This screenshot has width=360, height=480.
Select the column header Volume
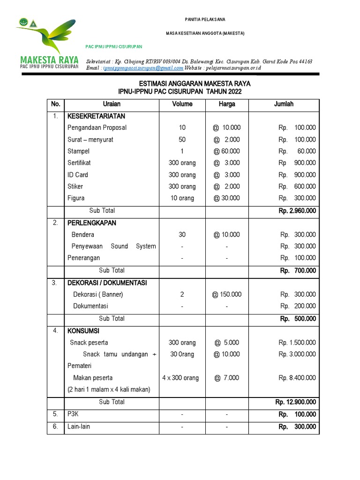[x=182, y=104]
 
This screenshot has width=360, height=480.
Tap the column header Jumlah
[x=284, y=104]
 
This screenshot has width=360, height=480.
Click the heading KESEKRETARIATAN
[x=96, y=116]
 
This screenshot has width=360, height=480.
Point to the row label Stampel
[x=78, y=151]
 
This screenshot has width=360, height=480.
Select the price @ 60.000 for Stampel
[x=226, y=151]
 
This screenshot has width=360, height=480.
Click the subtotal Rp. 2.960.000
[x=297, y=211]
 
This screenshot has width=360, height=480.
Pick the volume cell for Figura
[x=182, y=198]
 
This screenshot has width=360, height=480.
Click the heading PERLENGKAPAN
[x=91, y=223]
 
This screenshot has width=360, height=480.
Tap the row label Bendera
[x=82, y=234]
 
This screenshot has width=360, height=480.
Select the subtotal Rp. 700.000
[x=298, y=270]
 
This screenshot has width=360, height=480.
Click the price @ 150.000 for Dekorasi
[x=227, y=294]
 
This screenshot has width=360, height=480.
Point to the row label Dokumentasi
[x=90, y=306]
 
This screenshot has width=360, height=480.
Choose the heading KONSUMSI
[x=83, y=331]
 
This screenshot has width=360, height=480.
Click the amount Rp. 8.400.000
[x=297, y=378]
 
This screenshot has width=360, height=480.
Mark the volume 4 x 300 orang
[x=180, y=378]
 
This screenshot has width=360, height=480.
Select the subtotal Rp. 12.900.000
[x=295, y=402]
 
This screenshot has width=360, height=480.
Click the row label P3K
[x=72, y=414]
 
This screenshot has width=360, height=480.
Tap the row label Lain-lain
[x=78, y=427]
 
